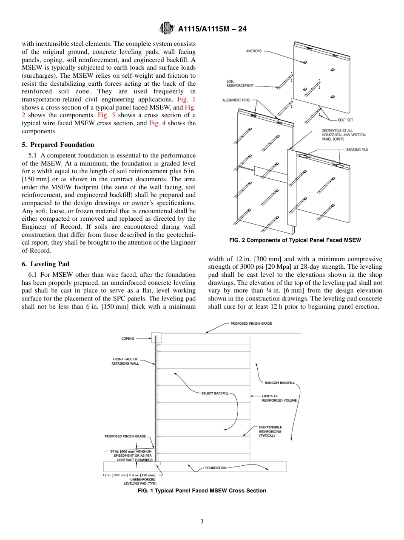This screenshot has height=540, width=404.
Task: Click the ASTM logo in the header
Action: click(x=166, y=29)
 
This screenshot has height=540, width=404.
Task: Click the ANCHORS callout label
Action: click(x=254, y=51)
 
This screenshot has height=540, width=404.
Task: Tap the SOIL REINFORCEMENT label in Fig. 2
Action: click(x=240, y=84)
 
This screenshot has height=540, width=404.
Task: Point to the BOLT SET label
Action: click(x=345, y=120)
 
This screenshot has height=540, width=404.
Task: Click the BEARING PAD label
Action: click(x=357, y=150)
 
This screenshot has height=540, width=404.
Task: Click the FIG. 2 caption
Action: click(x=295, y=240)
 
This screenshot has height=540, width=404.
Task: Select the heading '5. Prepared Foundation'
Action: click(x=58, y=145)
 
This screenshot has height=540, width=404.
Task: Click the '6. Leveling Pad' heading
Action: click(x=46, y=264)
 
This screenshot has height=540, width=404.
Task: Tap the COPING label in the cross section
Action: click(x=128, y=338)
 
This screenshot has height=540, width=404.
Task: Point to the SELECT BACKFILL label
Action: click(x=215, y=394)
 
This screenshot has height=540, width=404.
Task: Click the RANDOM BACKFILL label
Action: click(x=279, y=382)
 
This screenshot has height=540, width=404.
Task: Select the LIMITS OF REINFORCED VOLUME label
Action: click(x=279, y=398)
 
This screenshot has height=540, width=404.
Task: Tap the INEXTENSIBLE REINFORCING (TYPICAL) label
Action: click(x=270, y=431)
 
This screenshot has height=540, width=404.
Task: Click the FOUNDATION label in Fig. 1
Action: click(x=216, y=468)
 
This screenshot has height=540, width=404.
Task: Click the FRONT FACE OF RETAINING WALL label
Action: click(x=125, y=361)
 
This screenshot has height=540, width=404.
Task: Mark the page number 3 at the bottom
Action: click(x=202, y=521)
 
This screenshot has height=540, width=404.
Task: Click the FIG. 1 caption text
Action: click(x=202, y=491)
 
